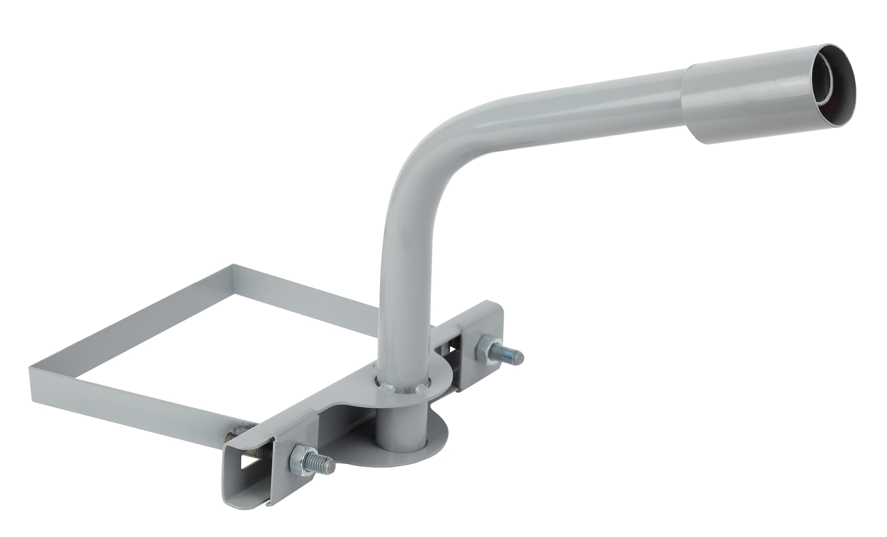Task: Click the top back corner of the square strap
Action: [x=234, y=267]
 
